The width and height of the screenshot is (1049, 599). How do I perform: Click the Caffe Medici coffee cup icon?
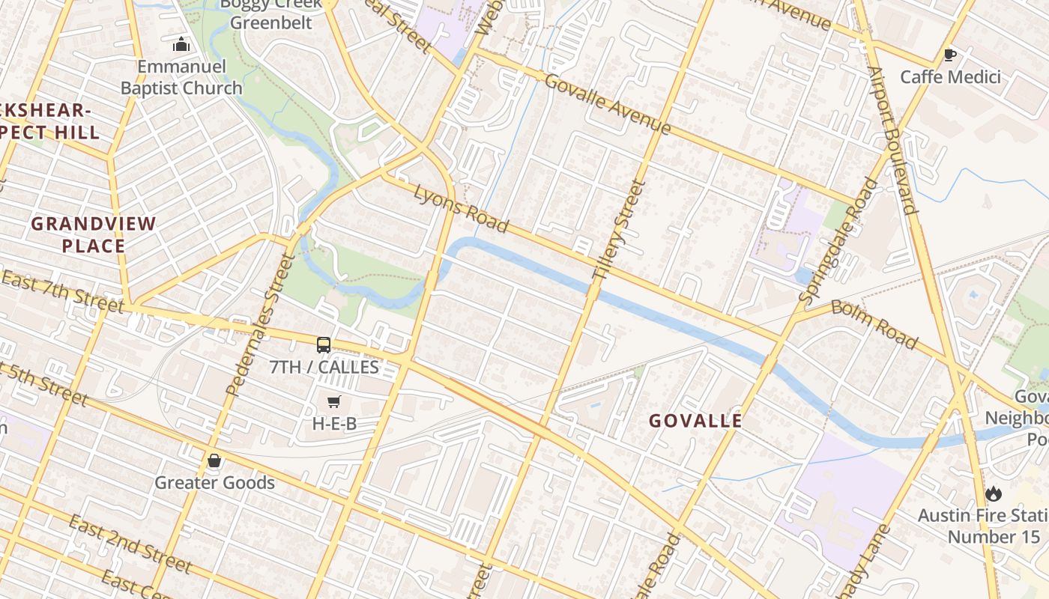point(950,55)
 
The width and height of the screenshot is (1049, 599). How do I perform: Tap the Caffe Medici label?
point(950,77)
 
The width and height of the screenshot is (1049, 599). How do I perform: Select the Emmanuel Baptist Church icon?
point(181,45)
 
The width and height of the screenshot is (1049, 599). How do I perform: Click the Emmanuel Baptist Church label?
point(181,78)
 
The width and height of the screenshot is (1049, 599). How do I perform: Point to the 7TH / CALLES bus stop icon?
point(324,344)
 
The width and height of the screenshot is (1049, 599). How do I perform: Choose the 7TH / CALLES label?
point(324,368)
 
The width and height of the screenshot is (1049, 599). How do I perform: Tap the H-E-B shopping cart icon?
point(334,402)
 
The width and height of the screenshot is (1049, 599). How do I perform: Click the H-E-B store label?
point(334,424)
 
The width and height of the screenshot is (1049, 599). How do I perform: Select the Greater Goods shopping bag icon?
point(214,460)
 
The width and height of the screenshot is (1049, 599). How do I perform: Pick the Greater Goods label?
point(214,483)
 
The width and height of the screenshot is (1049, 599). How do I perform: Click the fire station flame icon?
point(994,493)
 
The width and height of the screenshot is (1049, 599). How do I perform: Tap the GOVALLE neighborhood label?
point(695,421)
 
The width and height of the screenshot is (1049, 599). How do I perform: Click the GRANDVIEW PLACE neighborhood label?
point(94,234)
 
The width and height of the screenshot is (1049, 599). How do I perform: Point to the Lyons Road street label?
point(462,209)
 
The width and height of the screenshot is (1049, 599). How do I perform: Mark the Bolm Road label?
point(874,325)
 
